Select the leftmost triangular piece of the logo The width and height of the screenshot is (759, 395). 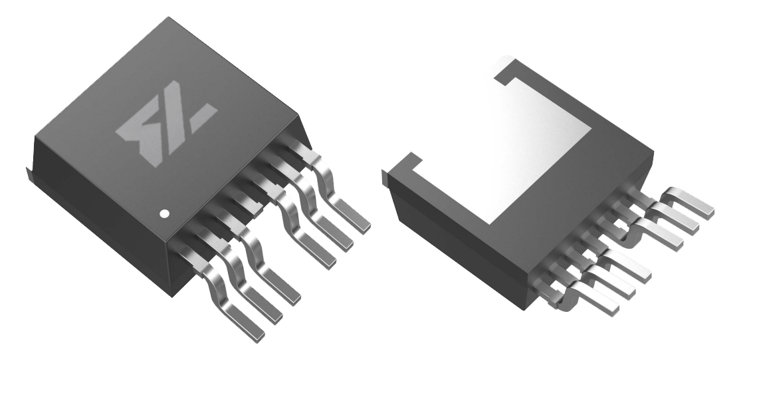(133, 131)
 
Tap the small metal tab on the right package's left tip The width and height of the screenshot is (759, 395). (385, 176)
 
